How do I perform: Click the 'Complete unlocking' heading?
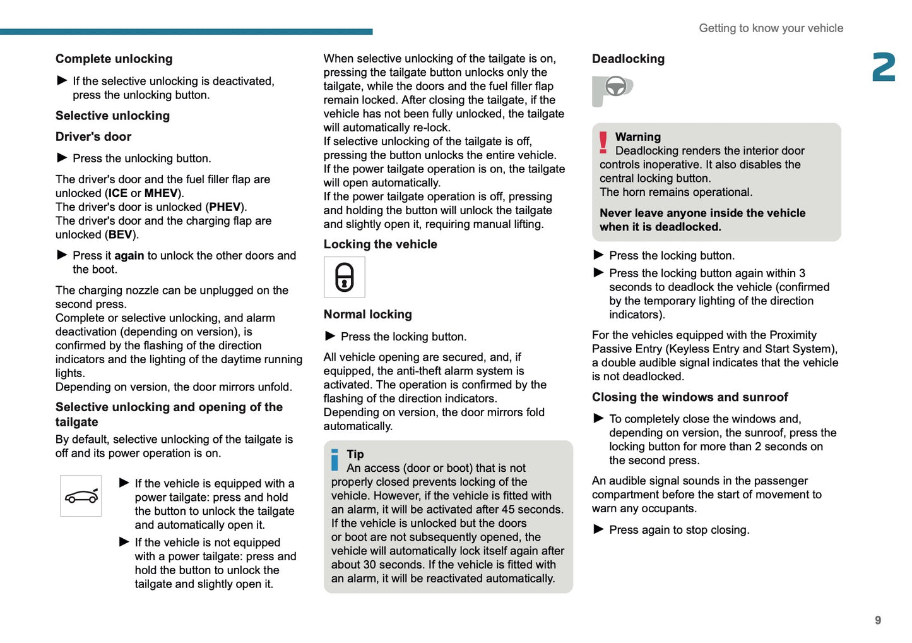(114, 59)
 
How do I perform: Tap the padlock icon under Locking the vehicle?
(344, 277)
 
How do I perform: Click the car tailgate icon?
(81, 496)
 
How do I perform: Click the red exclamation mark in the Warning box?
(603, 143)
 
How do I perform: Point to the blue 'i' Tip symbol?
(335, 459)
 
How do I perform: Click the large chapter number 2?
(884, 67)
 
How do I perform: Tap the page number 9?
(877, 620)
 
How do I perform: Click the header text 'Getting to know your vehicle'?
(771, 28)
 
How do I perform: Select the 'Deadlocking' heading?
(628, 59)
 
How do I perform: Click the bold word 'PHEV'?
(225, 207)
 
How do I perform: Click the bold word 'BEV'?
(120, 235)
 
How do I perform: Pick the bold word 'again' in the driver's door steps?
(129, 256)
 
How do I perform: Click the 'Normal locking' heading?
(367, 315)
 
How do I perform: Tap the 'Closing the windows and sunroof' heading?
(689, 397)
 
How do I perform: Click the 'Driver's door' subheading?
(93, 137)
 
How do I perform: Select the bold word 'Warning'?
(637, 137)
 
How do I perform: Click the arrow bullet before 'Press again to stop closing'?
(598, 529)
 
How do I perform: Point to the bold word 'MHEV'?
(160, 193)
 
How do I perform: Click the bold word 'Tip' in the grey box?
(355, 454)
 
